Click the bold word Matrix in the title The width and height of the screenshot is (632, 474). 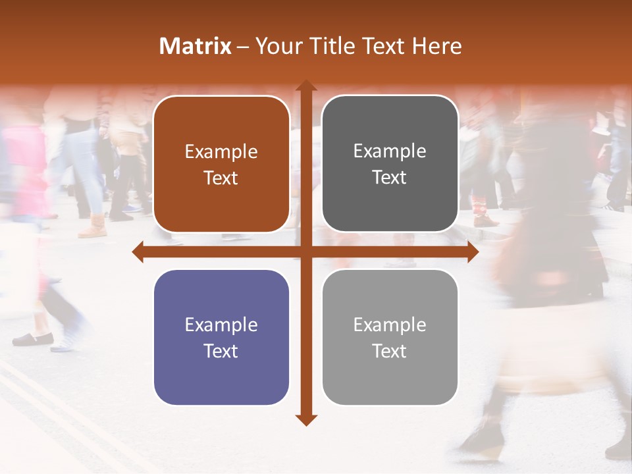[x=196, y=46]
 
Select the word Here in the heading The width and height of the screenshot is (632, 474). [x=437, y=46]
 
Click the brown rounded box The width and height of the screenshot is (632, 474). [x=221, y=164]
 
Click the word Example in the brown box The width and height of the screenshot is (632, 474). [x=221, y=152]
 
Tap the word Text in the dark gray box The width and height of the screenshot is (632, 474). [x=390, y=178]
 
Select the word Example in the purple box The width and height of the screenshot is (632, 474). [x=221, y=325]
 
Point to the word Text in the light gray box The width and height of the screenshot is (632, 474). [x=390, y=351]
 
